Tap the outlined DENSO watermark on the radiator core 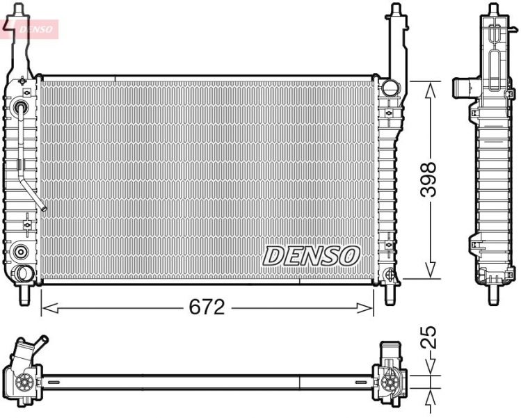click(310, 255)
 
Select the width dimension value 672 click(206, 307)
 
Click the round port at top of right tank click(389, 88)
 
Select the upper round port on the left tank click(20, 108)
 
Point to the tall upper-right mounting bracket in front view click(396, 42)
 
